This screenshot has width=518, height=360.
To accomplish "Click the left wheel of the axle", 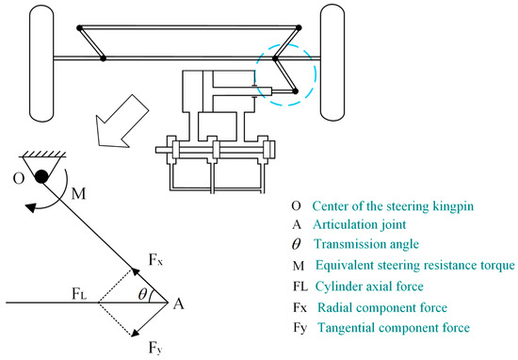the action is point(41,63).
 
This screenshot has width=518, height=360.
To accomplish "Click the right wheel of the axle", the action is point(332,63).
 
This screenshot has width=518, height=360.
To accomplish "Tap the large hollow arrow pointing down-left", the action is point(121,121).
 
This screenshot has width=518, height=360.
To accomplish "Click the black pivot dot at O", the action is point(41,176).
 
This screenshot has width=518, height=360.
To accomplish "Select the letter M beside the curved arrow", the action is point(78,193).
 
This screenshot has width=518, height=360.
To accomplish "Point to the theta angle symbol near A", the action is point(142,293).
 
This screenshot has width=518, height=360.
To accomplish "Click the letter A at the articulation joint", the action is point(178,303).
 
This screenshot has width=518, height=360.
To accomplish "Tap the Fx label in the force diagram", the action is point(155,259).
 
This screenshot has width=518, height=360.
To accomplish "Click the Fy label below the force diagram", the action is point(155,348).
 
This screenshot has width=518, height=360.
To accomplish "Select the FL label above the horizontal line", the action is point(79,294).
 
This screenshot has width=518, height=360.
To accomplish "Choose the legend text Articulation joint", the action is point(360,224).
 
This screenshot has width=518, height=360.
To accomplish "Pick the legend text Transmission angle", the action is point(366,244).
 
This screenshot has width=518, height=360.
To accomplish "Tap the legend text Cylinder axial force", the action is point(369,286).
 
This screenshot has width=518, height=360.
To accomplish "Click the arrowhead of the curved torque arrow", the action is point(30,208).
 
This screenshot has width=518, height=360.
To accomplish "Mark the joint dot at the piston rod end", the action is point(296,91).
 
